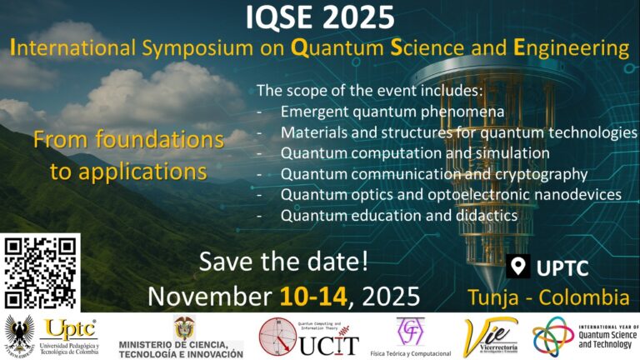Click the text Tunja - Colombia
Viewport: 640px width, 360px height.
pyautogui.click(x=547, y=297)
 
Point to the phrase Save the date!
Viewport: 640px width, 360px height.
pyautogui.click(x=283, y=263)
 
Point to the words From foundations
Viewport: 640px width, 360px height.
pyautogui.click(x=128, y=139)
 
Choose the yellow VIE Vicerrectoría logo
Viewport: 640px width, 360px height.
pyautogui.click(x=491, y=337)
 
